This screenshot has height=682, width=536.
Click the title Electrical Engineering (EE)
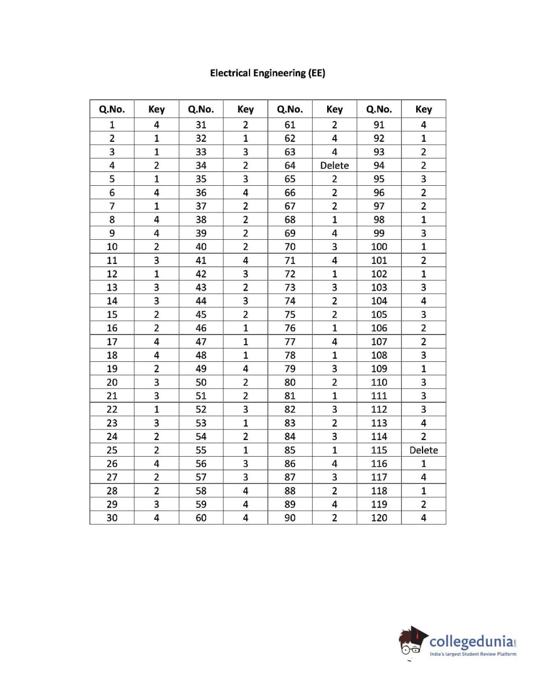coord(267,73)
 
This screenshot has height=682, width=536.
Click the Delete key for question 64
coord(334,165)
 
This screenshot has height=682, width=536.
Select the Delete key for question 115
coord(423,450)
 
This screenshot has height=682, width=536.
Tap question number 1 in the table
coord(112,125)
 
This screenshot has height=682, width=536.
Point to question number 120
coord(379,518)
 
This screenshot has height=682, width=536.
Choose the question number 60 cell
coord(201,518)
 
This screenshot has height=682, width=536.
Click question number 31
coord(201,125)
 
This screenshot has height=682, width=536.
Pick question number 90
coord(290,518)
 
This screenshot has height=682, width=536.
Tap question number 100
coord(379,247)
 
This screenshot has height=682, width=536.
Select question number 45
coord(201,315)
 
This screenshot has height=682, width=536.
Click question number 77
coord(290,342)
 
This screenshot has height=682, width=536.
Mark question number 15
coord(112,315)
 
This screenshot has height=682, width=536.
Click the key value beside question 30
coord(156,518)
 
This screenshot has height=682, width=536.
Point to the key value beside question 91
coord(423,125)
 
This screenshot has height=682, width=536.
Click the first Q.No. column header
coord(112,109)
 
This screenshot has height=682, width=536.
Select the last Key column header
coord(423,109)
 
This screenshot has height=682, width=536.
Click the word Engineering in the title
coord(278,73)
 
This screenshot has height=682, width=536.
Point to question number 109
coord(379,369)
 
